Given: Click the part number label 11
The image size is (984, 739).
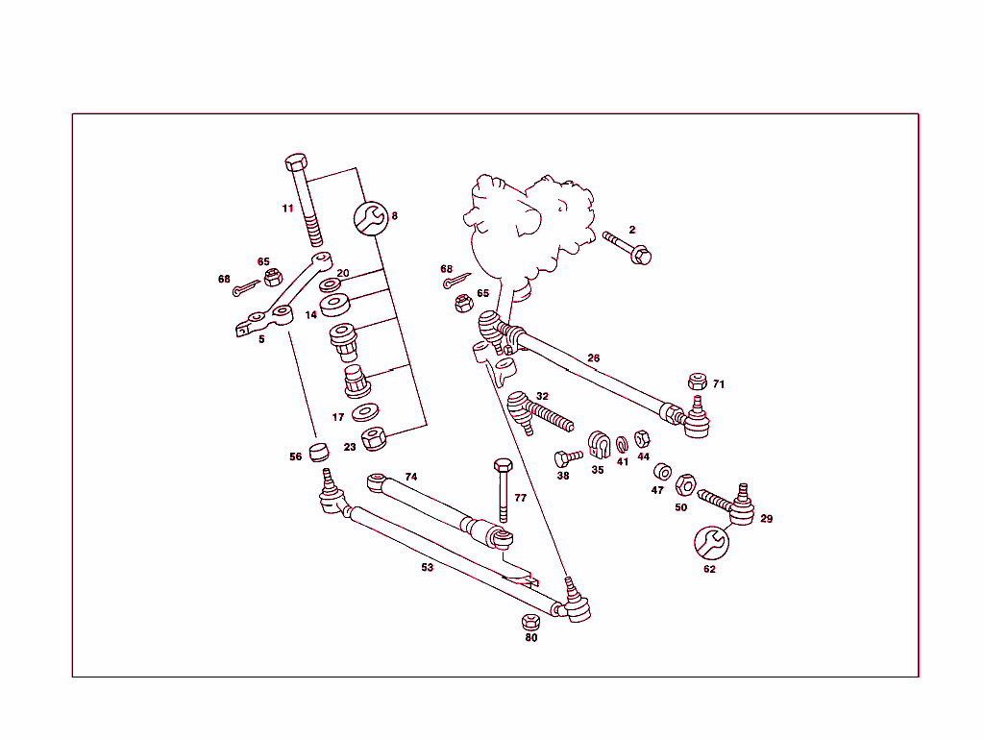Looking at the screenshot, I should coord(287,209).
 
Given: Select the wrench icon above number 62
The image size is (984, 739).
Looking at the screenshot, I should coord(711,542).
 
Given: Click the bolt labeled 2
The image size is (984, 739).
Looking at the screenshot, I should coord(627,246).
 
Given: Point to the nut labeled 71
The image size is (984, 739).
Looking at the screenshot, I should coord(697,381).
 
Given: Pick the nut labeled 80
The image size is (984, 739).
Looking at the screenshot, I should coord(530,621).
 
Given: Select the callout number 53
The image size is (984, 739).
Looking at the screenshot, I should coord(427,567).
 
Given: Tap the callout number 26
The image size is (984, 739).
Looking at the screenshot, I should coord(594,358).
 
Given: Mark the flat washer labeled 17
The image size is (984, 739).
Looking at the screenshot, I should coord(365,413).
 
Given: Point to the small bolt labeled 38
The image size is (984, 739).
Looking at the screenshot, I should coord(567,457).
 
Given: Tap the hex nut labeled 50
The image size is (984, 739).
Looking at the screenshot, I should coord(685,483).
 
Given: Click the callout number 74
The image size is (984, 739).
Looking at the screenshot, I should coord(410,477).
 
